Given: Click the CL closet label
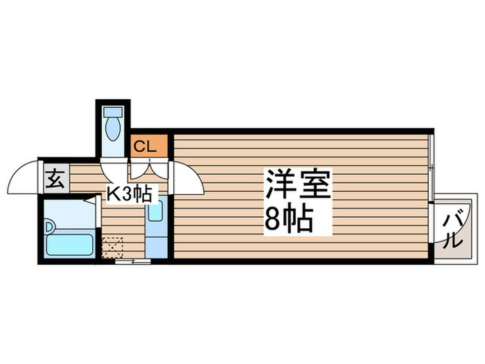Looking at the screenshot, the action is click(145, 146).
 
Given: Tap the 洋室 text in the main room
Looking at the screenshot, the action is click(298, 184).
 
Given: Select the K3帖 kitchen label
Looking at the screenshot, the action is click(129, 194).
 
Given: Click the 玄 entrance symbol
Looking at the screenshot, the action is click(55, 180).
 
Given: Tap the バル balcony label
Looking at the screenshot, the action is click(454, 229).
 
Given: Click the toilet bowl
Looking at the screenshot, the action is click(113, 129).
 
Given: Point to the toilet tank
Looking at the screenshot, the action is click(113, 112).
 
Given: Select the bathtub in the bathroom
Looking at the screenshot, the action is click(69, 245).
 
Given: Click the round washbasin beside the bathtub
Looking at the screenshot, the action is click(49, 227).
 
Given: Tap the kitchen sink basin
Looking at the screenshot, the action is click(155, 211).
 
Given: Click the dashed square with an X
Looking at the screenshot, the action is click(112, 248).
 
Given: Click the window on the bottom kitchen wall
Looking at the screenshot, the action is click(133, 261).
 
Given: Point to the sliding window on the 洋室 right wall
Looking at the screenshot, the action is click(431, 168).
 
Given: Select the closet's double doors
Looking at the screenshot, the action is click(149, 168).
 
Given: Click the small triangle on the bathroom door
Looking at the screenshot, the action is click(90, 200).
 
